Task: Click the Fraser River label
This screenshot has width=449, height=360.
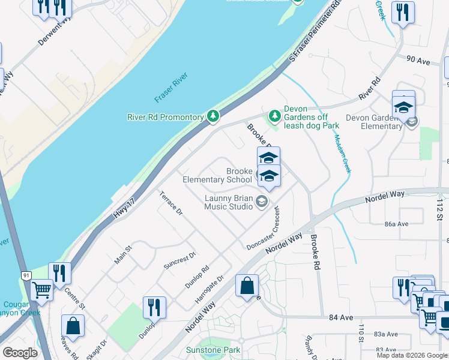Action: coord(172,88)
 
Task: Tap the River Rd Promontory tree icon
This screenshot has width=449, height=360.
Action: coord(212,116)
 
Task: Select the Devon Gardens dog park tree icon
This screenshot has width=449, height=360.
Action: coord(274,114)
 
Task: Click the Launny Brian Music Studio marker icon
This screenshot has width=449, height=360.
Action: coord(261,201)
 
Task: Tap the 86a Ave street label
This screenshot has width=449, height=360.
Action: coord(396,224)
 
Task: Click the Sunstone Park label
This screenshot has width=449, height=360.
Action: coord(220,350)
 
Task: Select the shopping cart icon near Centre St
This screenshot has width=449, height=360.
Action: coord(42,289)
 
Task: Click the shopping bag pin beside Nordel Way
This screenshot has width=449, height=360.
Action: coord(247,286)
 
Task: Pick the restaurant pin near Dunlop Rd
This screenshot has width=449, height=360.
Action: coord(154,307)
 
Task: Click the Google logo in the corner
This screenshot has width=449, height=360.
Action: coord(20,353)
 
